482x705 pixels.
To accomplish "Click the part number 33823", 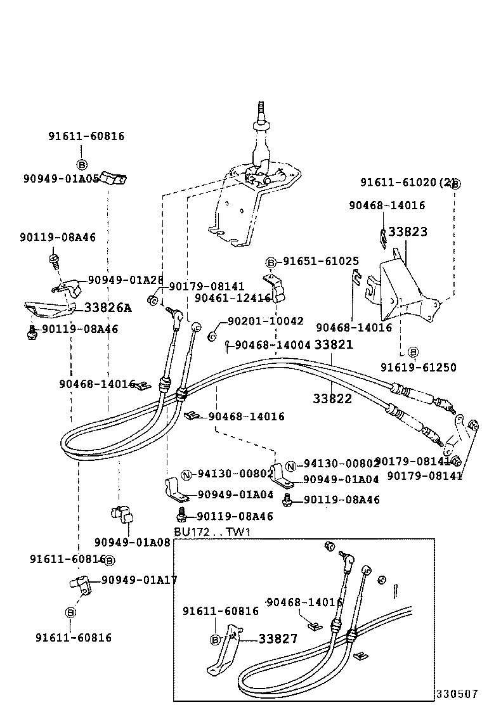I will [x=408, y=232].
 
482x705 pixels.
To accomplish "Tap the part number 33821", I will [x=334, y=344].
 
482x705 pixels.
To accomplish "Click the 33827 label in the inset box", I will [x=278, y=638].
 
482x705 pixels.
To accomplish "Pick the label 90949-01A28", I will [x=126, y=280].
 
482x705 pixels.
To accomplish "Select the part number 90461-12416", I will [x=233, y=297].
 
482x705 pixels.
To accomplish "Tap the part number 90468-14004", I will [x=273, y=345].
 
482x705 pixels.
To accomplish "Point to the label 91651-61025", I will [x=321, y=261].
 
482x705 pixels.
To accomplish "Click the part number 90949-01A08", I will [x=133, y=542].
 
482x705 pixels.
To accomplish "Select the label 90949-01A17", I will [x=140, y=579].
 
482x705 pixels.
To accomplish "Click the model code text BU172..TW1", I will [x=212, y=531].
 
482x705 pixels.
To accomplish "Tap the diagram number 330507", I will [x=457, y=694].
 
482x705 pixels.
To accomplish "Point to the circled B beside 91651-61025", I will [x=271, y=262].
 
